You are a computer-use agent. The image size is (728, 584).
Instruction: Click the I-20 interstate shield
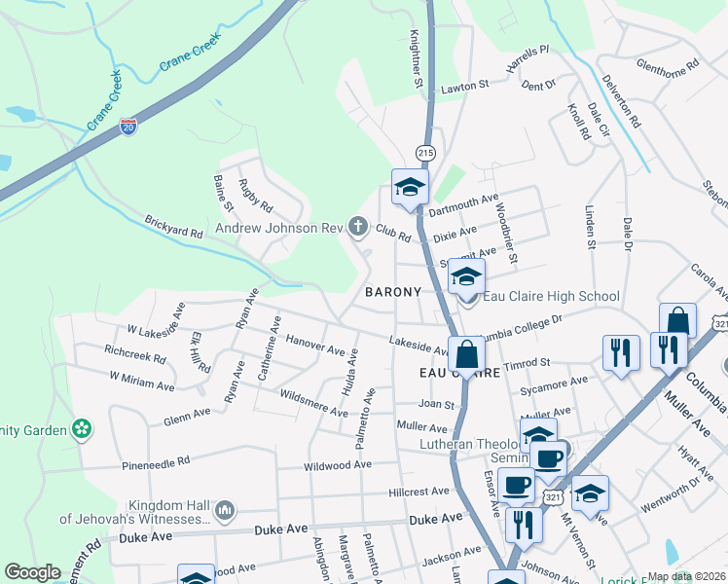pyautogui.click(x=129, y=125)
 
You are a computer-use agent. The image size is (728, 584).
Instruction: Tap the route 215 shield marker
pyautogui.click(x=425, y=154)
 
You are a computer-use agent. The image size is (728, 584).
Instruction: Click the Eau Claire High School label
pyautogui.click(x=550, y=297)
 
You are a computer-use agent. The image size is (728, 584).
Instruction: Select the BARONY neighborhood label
pyautogui.click(x=393, y=292)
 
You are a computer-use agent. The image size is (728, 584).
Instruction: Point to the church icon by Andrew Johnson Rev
pyautogui.click(x=358, y=228)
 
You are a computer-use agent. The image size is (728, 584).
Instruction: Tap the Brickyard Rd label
pyautogui.click(x=173, y=227)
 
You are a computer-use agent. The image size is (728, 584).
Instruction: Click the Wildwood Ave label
pyautogui.click(x=338, y=465)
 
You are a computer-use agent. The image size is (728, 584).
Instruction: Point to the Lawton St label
pyautogui.click(x=464, y=87)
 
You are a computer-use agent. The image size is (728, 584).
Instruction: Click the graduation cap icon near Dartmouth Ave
pyautogui.click(x=410, y=186)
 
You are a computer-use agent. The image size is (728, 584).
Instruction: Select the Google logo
pyautogui.click(x=33, y=572)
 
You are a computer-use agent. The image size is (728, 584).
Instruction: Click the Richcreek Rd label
pyautogui.click(x=134, y=357)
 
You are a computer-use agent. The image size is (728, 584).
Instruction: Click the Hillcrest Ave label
pyautogui.click(x=421, y=493)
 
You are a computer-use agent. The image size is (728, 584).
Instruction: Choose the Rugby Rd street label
pyautogui.click(x=256, y=198)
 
